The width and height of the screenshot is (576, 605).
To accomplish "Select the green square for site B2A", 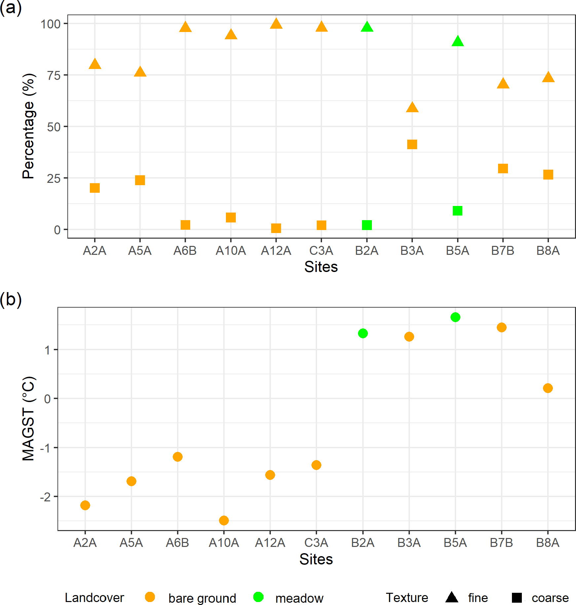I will (x=367, y=225).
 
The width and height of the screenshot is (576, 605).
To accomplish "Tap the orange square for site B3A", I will (x=412, y=144).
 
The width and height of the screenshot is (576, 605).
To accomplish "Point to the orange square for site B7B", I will (x=503, y=169).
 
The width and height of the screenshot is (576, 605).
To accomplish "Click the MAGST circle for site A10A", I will (x=224, y=521).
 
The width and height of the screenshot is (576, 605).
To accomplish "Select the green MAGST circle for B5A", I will (x=455, y=317).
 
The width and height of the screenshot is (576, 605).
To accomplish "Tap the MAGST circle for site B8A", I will (x=548, y=388).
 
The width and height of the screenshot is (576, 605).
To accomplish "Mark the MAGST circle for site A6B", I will (x=177, y=457).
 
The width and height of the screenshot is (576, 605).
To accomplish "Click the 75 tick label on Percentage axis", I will (x=54, y=76).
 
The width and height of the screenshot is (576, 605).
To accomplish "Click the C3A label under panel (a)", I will (x=321, y=251).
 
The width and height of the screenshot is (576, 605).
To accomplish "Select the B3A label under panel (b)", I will (x=409, y=543).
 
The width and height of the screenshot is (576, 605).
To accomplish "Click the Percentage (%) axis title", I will (x=28, y=126).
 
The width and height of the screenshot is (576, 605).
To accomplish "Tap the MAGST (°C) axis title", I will (x=28, y=419).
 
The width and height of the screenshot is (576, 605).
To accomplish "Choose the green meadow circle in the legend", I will (x=258, y=597).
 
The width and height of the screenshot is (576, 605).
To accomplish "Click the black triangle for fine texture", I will (x=451, y=597).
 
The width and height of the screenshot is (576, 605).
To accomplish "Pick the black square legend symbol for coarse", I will (x=517, y=597).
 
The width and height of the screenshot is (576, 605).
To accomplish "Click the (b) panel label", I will (x=11, y=299).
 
